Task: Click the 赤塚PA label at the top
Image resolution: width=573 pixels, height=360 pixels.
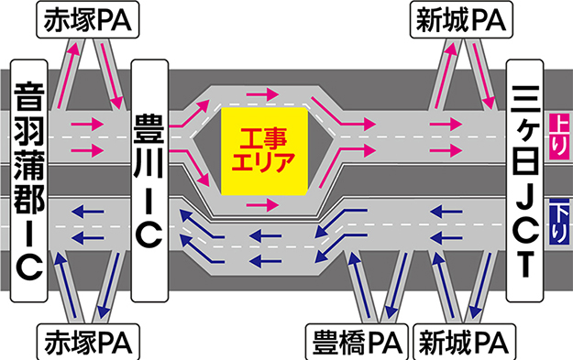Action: click(x=88, y=19)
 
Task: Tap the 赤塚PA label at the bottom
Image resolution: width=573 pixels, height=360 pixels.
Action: click(x=88, y=343)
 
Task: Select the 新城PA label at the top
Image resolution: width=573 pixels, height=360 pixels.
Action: click(x=461, y=19)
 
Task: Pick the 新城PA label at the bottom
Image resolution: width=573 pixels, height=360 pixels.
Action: click(x=464, y=343)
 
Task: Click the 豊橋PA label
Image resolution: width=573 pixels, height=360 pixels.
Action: click(x=357, y=343)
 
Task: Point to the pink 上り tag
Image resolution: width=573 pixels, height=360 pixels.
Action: click(x=559, y=136)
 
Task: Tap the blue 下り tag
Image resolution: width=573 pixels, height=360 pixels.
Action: click(x=559, y=222)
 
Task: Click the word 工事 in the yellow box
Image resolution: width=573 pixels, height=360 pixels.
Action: click(x=263, y=138)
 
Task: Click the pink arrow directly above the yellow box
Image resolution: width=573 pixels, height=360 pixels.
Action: click(x=262, y=95)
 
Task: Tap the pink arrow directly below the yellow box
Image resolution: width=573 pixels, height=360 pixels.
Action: click(x=262, y=205)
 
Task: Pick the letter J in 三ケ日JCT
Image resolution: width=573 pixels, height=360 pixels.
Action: click(x=524, y=195)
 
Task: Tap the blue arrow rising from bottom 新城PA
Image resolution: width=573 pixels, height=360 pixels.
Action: click(x=444, y=286)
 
